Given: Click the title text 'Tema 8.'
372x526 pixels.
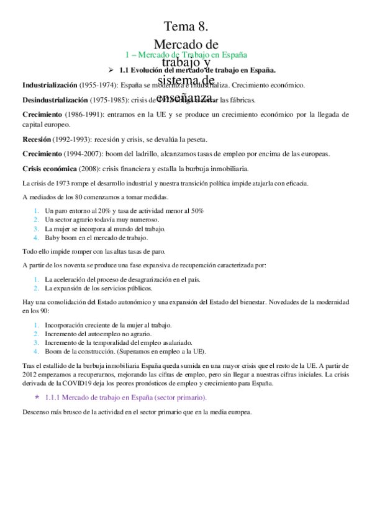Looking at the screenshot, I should [x=186, y=26].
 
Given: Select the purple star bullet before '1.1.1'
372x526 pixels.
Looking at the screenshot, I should [x=38, y=396].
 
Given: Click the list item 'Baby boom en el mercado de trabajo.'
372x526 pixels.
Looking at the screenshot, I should [x=96, y=238].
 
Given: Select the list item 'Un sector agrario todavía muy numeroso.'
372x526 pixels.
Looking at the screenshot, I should [x=102, y=220].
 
